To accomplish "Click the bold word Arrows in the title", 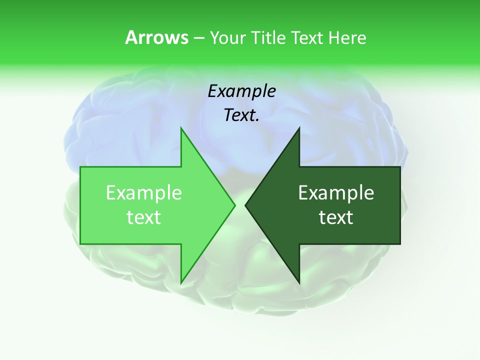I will tap(156, 37).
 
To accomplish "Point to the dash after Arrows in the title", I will tap(198, 38).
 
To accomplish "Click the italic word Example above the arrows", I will tap(242, 91).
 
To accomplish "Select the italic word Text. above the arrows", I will tap(241, 115).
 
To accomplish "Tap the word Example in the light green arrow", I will tap(144, 193).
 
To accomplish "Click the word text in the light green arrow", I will tap(144, 217).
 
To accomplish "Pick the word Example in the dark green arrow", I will tap(336, 193).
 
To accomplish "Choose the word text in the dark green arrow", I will tap(336, 217).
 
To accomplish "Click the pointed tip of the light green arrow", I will tap(234, 205).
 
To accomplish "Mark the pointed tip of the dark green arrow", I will tap(245, 205).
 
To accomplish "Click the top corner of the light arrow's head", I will tap(181, 128).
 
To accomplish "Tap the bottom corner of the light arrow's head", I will tap(181, 283).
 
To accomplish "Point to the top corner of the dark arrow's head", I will tap(299, 128).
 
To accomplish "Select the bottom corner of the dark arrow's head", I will tap(299, 283).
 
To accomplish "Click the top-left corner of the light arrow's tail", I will tap(80, 167).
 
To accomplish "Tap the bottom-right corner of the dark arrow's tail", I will tap(400, 244).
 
